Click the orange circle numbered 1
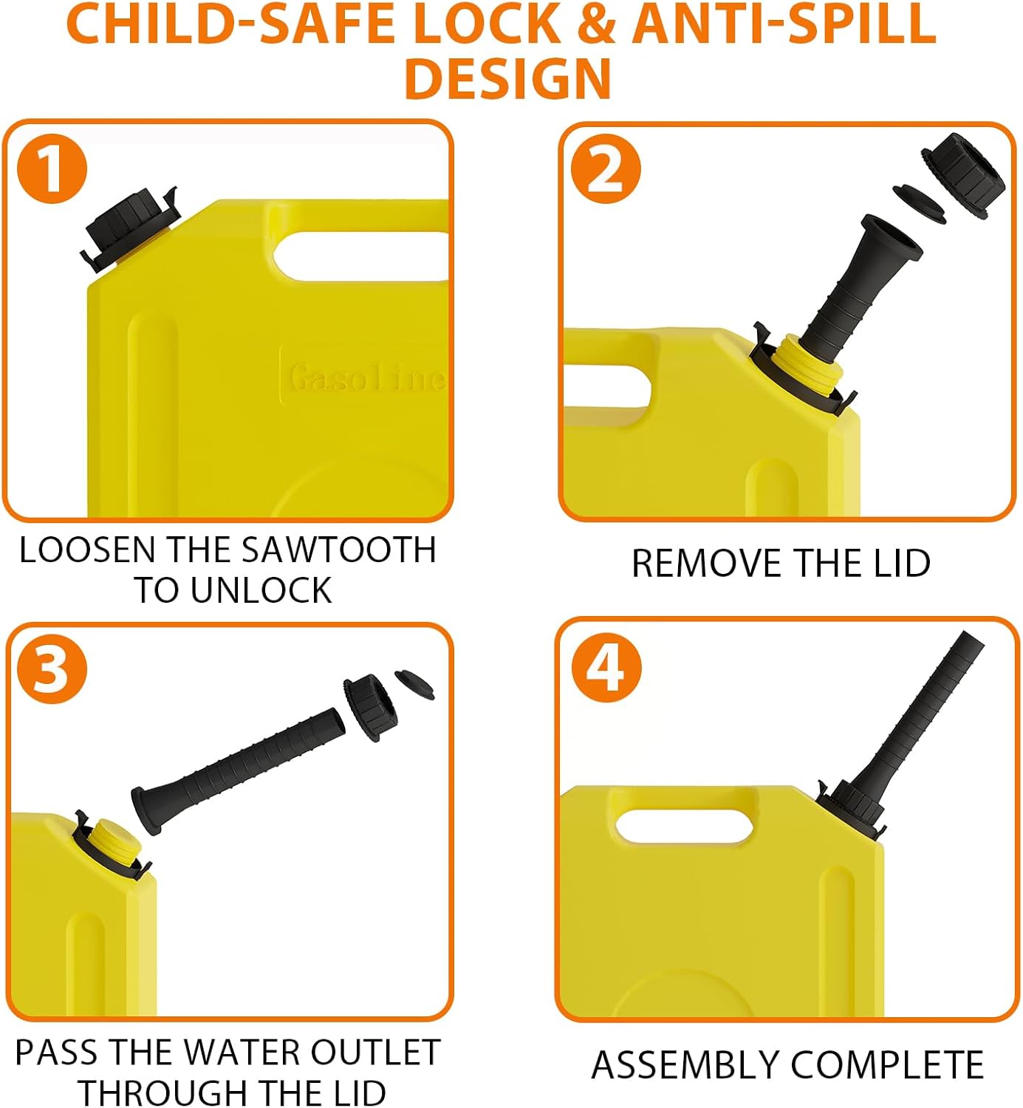click(x=52, y=169)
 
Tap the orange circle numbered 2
click(x=606, y=169)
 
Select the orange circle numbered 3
click(x=52, y=670)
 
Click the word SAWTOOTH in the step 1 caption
click(x=339, y=550)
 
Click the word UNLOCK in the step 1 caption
click(x=261, y=590)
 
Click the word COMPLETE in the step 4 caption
click(x=888, y=1065)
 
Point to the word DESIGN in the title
click(x=509, y=78)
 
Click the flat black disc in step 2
click(x=920, y=203)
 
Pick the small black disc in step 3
click(x=414, y=683)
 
